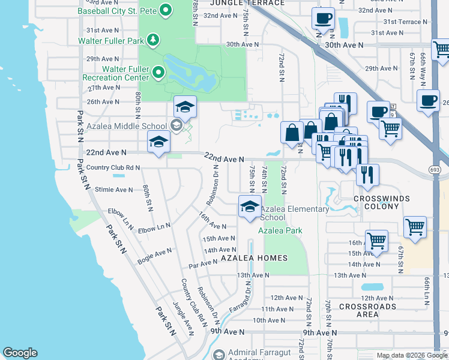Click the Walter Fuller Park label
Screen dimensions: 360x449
(x=112, y=41)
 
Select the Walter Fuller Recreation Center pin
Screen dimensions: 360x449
(x=158, y=73)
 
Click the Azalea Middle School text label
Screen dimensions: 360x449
(x=126, y=126)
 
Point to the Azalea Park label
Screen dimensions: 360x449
(x=280, y=230)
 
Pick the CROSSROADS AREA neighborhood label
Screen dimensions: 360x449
(x=367, y=310)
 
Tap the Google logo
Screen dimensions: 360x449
(x=20, y=353)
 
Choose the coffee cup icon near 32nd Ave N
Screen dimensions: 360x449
(x=323, y=19)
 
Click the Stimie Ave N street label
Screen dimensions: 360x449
(x=114, y=190)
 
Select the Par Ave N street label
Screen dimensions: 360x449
(x=203, y=263)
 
